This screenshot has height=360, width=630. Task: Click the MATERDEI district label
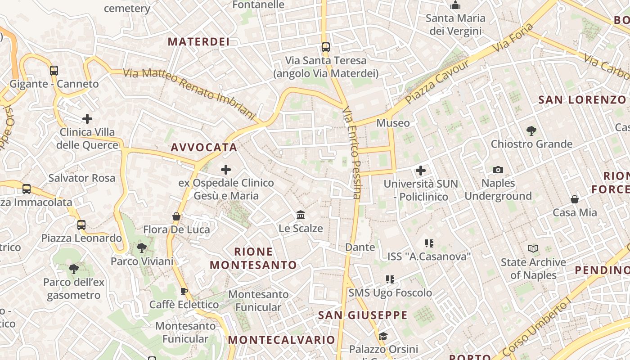coord(198,42)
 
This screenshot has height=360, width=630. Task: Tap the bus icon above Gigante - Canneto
coord(54,71)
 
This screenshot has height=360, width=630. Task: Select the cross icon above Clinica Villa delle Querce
coord(87,119)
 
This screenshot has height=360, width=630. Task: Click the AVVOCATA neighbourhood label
coord(204,147)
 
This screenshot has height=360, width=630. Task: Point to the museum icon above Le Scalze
coord(301,215)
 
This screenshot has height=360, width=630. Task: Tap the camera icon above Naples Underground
coord(498,170)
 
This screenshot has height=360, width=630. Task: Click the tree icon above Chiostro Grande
coord(531,131)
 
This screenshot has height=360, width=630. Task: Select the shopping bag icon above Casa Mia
coord(575,199)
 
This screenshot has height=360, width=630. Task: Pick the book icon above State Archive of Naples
coord(533,248)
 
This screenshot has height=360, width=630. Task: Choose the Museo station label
coord(393,123)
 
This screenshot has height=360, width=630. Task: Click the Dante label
coord(360,247)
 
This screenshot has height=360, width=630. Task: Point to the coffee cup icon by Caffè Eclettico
coord(184,291)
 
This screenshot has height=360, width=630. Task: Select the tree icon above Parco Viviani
coord(142,247)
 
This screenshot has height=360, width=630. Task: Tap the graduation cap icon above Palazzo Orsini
coord(383,336)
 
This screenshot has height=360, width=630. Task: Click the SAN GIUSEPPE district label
coord(363,315)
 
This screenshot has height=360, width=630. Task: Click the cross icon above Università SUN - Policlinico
coord(421,171)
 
